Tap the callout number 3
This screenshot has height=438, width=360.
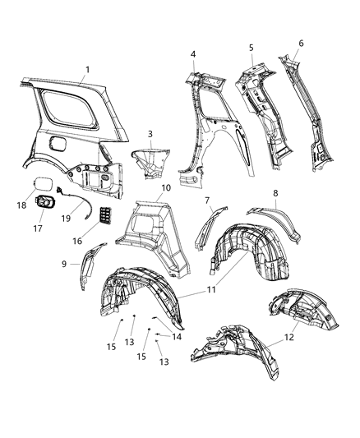(x=150, y=133)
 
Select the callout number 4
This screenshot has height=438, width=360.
(x=193, y=54)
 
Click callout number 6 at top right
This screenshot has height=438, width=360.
(x=301, y=43)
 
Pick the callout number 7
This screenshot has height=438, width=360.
(x=207, y=200)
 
